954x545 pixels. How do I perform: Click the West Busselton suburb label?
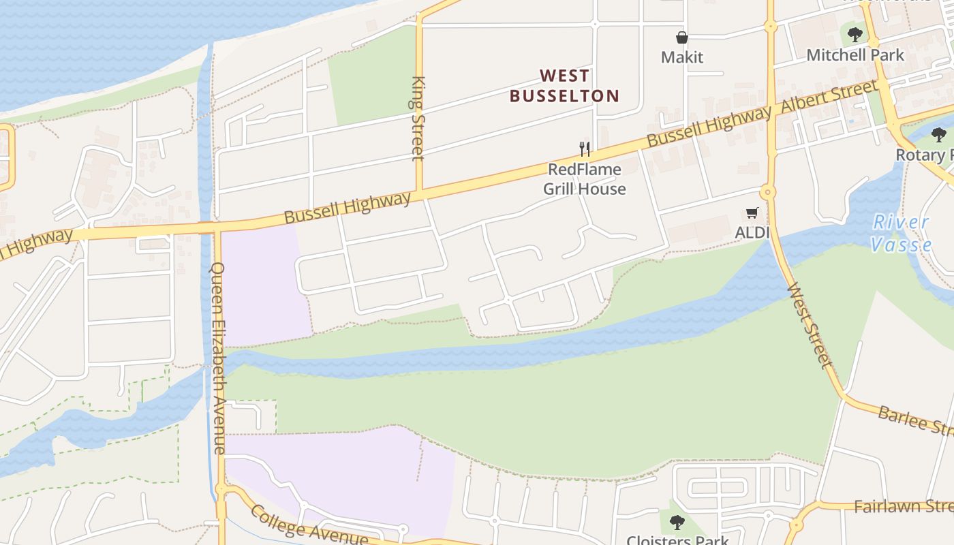tap(564, 85)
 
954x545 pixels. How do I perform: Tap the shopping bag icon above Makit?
tap(681, 37)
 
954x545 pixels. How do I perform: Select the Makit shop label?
tap(681, 57)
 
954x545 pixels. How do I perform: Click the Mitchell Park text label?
tap(855, 55)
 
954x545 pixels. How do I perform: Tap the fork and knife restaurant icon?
tap(584, 149)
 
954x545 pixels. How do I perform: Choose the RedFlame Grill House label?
tap(584, 179)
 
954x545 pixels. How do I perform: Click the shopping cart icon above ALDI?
tap(752, 213)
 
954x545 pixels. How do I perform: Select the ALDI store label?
tap(752, 232)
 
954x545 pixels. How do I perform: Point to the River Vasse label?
tap(901, 233)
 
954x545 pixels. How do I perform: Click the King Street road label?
tap(418, 118)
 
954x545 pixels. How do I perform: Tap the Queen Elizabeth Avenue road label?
tap(218, 358)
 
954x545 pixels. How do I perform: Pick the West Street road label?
tap(810, 326)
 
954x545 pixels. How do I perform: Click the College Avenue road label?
tap(309, 525)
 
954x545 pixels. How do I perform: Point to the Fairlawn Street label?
tap(903, 506)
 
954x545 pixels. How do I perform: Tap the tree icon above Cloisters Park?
tap(677, 523)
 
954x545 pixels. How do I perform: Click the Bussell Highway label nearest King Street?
tap(348, 208)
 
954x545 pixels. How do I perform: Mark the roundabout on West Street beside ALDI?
tap(769, 192)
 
